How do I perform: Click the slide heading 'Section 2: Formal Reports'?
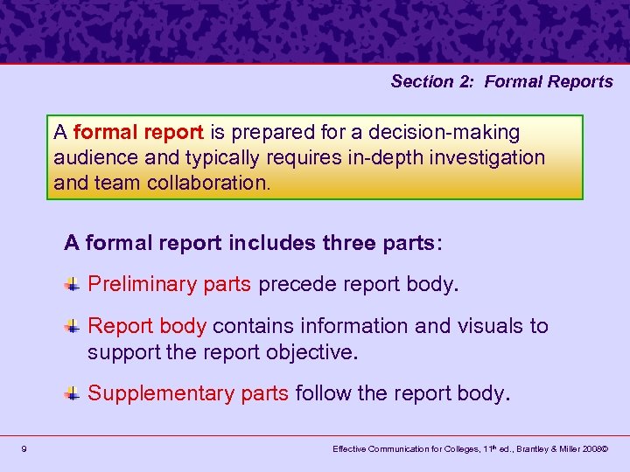tap(501, 81)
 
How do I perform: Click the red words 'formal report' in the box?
tap(138, 133)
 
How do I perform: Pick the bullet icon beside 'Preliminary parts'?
tap(73, 284)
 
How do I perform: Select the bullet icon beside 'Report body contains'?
tap(73, 326)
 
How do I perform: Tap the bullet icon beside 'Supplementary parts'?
tap(73, 393)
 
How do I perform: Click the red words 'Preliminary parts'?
tap(170, 285)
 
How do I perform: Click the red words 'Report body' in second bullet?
tap(147, 326)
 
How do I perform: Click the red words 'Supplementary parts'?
tap(188, 393)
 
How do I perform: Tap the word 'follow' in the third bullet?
tap(323, 393)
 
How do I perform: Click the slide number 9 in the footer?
tap(24, 448)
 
